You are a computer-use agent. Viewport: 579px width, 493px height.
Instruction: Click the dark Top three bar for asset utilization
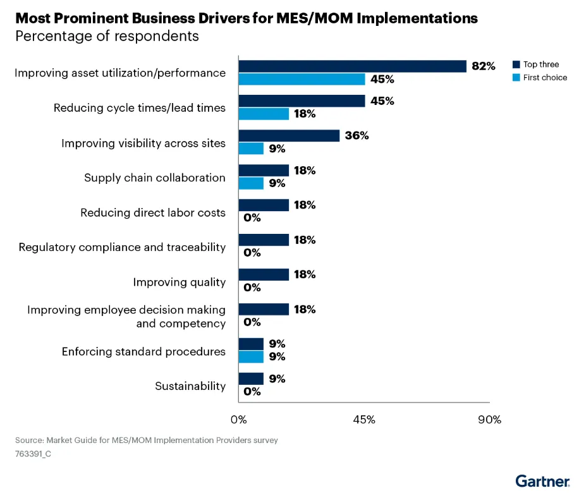[352, 66]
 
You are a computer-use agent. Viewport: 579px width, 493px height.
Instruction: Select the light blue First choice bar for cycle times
[264, 114]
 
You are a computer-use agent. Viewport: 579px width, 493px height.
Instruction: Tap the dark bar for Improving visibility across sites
[289, 136]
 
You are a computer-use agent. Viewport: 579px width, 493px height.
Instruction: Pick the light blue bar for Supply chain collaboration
[251, 183]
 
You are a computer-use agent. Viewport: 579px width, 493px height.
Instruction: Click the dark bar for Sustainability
[251, 379]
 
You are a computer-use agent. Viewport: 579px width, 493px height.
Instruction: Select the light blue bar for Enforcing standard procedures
[251, 356]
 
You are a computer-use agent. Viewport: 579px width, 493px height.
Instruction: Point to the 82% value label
[484, 66]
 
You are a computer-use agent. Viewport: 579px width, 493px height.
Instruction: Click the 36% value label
[357, 136]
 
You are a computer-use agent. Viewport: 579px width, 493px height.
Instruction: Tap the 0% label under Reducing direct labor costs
[252, 218]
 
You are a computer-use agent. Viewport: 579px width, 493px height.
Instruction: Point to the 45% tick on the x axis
[364, 420]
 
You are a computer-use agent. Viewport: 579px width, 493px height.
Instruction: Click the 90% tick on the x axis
[489, 420]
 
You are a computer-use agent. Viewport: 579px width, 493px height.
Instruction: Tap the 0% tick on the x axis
[238, 420]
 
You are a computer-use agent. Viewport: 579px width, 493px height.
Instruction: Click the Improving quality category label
[179, 282]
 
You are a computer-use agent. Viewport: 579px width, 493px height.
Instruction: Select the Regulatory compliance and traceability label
[122, 247]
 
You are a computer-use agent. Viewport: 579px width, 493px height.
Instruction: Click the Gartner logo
[542, 480]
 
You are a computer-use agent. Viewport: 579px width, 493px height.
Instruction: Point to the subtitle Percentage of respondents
[107, 36]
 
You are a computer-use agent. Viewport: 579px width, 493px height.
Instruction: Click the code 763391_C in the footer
[33, 453]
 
